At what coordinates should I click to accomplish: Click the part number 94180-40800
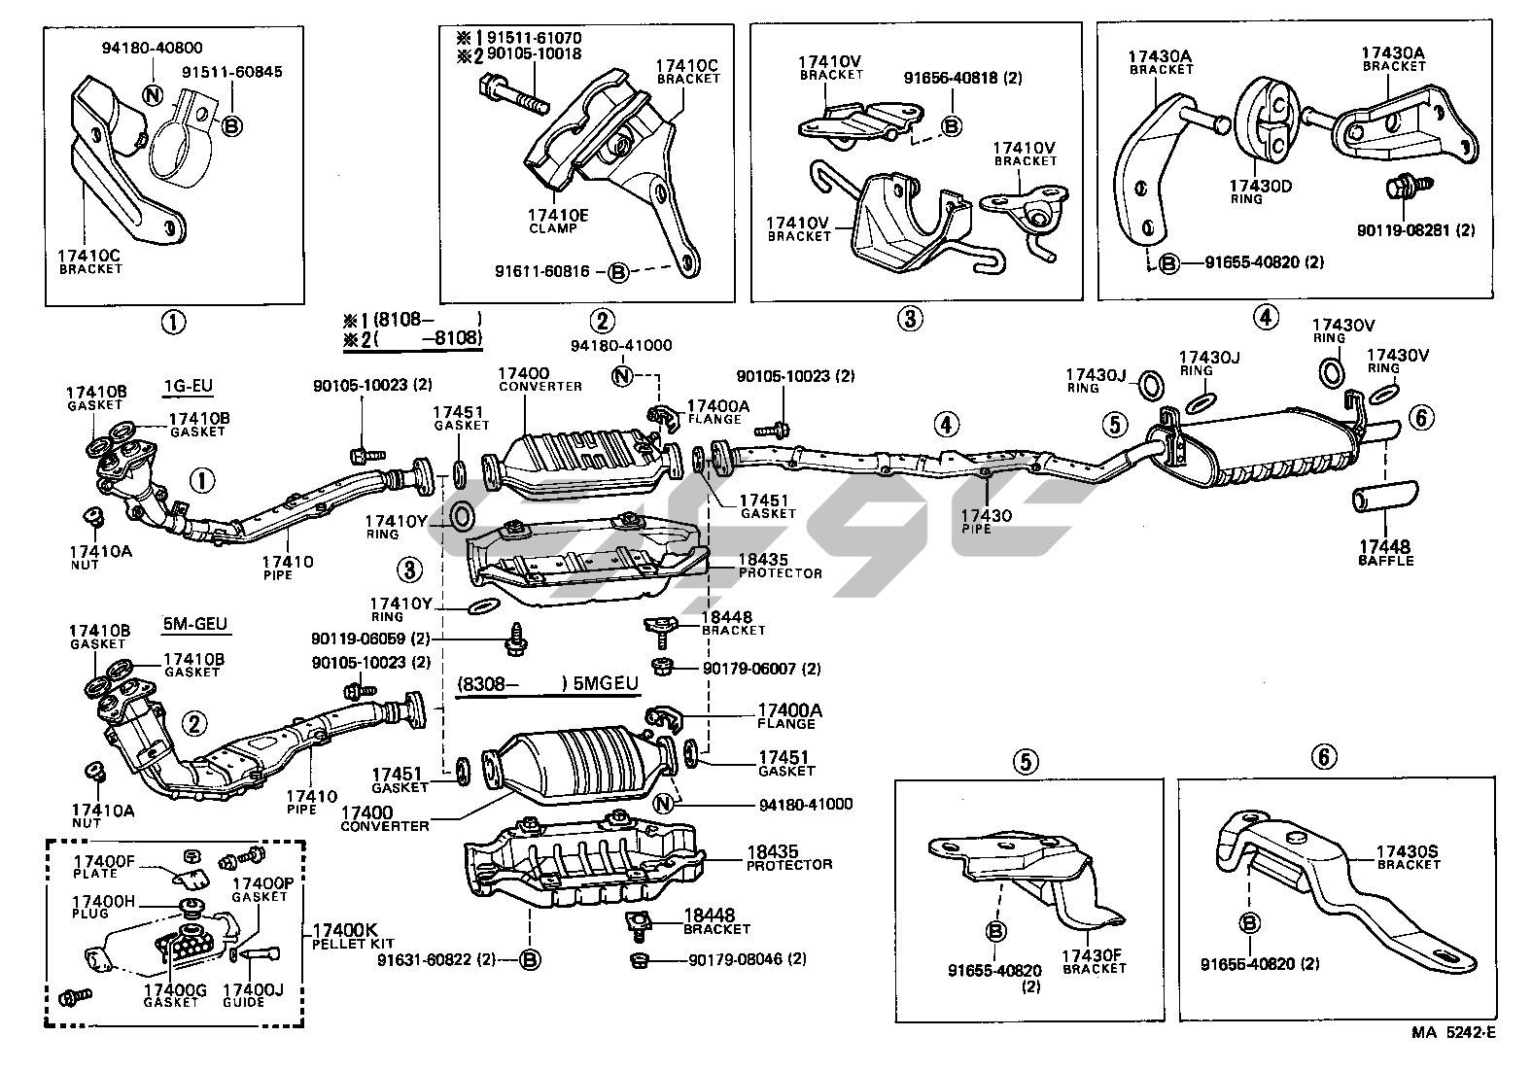coord(155,47)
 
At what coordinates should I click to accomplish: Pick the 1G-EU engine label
coord(189,386)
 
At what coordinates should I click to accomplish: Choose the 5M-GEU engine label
coord(197,624)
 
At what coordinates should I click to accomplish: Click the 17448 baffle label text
coord(1385,553)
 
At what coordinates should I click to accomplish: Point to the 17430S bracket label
coord(1407,857)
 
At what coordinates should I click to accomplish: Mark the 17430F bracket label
coord(1094,959)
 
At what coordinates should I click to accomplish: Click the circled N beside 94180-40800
coord(152,95)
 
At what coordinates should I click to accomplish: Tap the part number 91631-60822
coord(436,960)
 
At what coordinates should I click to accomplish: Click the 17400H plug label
coord(104,907)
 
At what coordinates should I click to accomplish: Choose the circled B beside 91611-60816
coord(618,272)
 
